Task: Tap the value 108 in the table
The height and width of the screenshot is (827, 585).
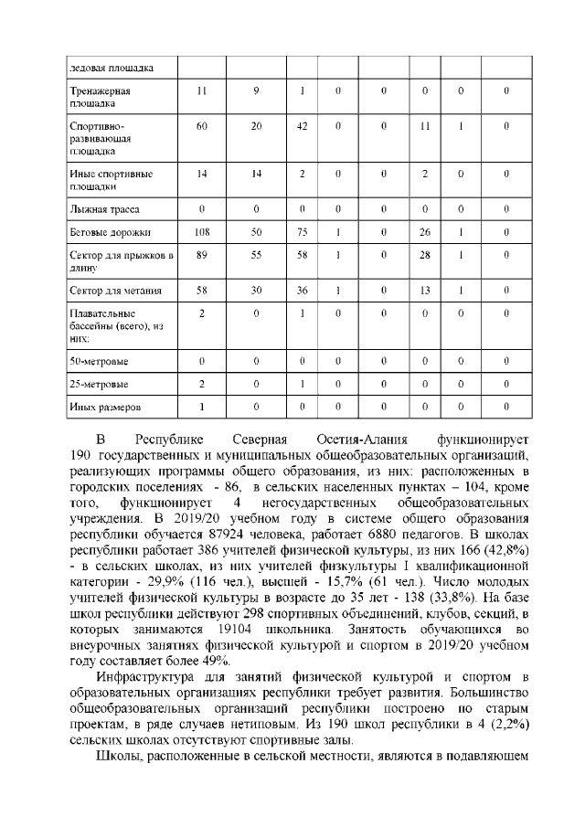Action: click(202, 232)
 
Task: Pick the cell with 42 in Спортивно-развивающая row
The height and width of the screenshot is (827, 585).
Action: click(302, 126)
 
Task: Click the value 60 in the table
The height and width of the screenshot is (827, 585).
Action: click(202, 126)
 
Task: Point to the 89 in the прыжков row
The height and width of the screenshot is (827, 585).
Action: click(202, 257)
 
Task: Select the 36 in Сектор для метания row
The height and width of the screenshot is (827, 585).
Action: click(302, 291)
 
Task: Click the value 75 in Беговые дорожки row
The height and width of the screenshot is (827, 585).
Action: click(302, 232)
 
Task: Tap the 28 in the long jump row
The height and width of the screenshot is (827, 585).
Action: click(423, 257)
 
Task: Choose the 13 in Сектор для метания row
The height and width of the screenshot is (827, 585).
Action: click(423, 291)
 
